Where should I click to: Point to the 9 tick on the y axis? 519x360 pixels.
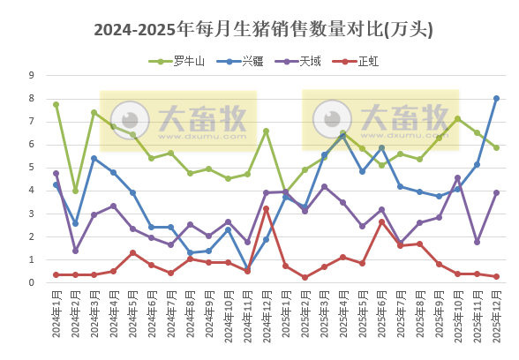coord(32,75)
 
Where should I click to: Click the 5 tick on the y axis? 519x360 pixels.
coord(32,168)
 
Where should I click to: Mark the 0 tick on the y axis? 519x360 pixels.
coord(32,282)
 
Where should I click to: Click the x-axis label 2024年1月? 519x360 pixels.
coord(56,318)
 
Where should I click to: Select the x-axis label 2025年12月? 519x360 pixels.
coord(497,318)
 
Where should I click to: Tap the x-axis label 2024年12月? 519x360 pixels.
coord(267,318)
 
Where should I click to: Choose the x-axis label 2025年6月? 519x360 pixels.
coord(381,318)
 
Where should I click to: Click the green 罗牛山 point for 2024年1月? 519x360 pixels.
coord(56,104)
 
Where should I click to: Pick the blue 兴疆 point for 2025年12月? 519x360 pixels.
coord(496,98)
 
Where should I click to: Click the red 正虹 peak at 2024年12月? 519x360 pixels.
coord(266,208)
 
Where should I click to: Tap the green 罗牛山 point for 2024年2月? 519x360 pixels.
coord(75,191)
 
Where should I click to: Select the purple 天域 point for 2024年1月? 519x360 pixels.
coord(56,173)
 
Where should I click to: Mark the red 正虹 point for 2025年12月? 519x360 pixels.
coord(496,276)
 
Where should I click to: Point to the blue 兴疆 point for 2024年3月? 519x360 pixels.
coord(94,158)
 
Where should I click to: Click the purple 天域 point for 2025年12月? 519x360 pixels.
coord(496,192)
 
